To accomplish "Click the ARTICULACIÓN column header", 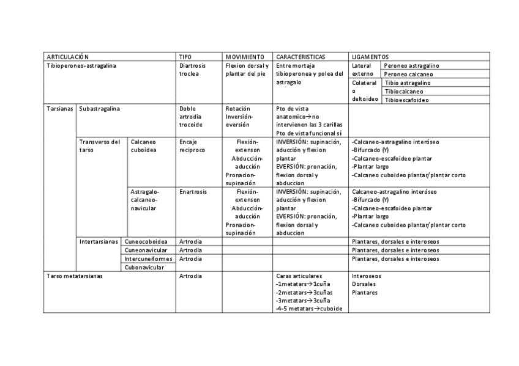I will point(68,56).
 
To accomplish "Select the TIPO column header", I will point(185,56).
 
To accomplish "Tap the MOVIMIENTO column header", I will point(244,56).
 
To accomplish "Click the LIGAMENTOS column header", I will point(371,56).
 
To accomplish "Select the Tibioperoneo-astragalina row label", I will point(81,65).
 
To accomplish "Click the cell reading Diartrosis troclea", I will point(192,70).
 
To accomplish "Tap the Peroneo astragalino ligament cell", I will point(411,65).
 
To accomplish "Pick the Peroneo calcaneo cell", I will point(408,74).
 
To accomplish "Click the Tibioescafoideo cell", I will point(407,100).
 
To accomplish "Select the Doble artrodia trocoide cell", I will point(190,117).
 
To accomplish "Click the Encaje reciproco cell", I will point(192,145).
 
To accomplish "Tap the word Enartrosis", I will point(193,191).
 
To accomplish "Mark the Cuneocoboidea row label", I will point(146,241).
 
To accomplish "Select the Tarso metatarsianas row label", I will point(75,276).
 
